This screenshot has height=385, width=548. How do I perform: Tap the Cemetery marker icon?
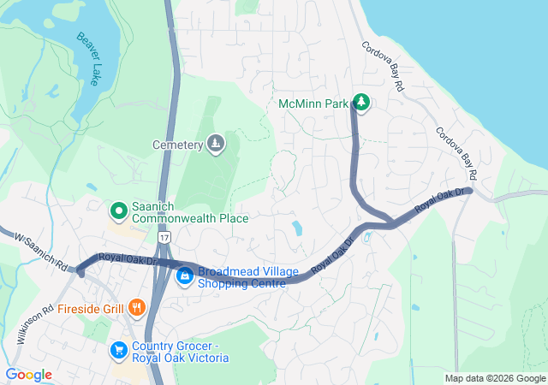(x=215, y=144)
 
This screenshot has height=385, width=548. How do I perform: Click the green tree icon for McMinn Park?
(x=361, y=104)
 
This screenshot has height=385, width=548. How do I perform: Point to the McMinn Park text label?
(x=314, y=104)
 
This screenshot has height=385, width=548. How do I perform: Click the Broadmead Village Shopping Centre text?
(x=248, y=277)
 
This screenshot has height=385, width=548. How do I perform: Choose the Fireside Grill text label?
(x=92, y=308)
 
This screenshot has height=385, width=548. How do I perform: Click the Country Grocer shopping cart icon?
(x=119, y=351)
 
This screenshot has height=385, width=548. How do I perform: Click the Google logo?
(x=29, y=375)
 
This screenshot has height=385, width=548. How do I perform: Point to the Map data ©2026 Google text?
(x=495, y=378)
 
